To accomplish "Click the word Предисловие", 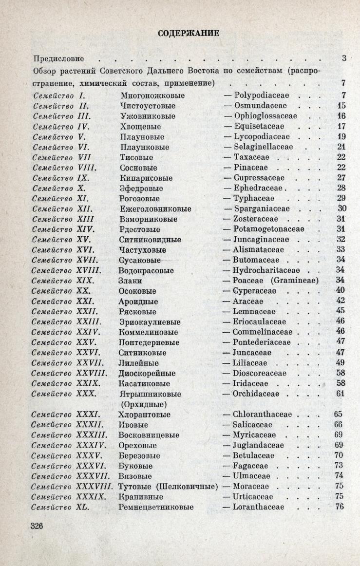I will pos(58,58).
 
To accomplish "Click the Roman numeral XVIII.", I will pos(89,270).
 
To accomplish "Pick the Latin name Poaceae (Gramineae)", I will pos(276,281).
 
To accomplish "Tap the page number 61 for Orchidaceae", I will pos(340,394).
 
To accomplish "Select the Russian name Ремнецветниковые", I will pos(156,507).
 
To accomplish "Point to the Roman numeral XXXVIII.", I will pos(95,486).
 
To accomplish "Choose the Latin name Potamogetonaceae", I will pos(268,229).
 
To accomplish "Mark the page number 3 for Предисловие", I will pos(343,58).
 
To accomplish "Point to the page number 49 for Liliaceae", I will pos(340,362).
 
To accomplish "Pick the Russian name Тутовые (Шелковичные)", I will pos(168,486).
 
